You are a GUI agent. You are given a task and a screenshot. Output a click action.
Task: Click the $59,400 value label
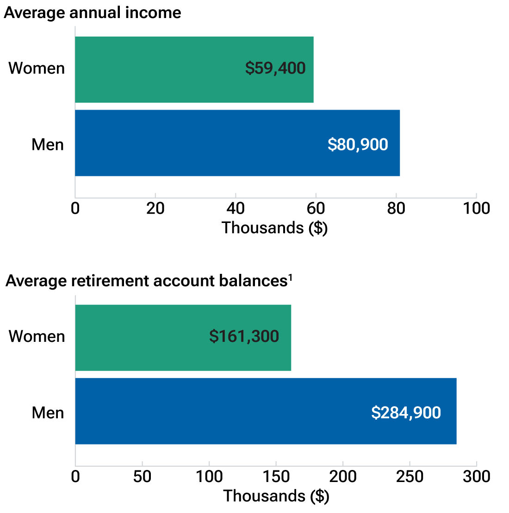pos(275,68)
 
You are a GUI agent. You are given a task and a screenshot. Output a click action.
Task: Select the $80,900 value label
pos(358,145)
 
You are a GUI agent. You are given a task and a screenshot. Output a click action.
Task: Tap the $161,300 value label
pos(244,336)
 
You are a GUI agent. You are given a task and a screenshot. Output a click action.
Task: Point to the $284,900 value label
pos(406,413)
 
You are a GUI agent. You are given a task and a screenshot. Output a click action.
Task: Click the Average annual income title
pos(93,12)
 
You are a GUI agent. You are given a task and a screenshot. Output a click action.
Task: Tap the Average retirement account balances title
pos(146,281)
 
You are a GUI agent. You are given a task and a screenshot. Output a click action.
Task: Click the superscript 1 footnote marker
pos(290,278)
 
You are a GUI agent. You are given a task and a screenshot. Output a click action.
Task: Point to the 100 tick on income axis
pos(476,209)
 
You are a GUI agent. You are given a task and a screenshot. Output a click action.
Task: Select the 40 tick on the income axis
pos(236,209)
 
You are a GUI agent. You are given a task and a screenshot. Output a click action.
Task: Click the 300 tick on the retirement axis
pos(476,476)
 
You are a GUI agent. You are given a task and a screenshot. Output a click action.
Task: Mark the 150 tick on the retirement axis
pos(276,476)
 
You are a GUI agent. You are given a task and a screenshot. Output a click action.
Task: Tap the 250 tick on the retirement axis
pos(410,476)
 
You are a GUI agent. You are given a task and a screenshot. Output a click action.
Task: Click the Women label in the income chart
pos(37,68)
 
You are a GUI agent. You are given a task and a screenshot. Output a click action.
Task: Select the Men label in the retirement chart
pos(48,413)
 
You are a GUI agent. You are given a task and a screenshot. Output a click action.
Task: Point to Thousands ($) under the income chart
pos(274,228)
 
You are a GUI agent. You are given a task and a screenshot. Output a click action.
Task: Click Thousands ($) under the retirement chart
pos(276,496)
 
